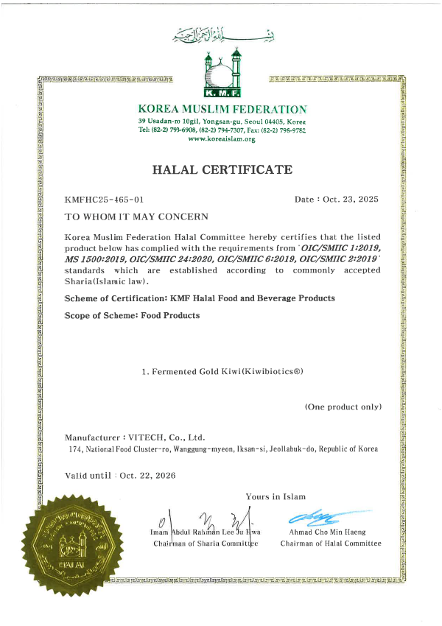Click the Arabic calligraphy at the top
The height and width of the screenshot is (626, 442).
tap(221, 34)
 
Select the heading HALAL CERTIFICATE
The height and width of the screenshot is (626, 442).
tap(222, 169)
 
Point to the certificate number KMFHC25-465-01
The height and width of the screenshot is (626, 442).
tap(104, 200)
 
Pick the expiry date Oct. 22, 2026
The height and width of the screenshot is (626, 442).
tap(147, 476)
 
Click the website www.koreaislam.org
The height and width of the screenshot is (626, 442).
tap(222, 138)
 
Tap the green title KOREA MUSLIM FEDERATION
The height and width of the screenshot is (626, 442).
tap(222, 109)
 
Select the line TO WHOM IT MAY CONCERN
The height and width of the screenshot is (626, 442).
tap(137, 217)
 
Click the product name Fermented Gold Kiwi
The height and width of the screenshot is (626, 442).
tap(222, 371)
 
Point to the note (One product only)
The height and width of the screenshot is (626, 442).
tap(343, 407)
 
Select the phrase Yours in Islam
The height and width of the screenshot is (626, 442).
tap(276, 496)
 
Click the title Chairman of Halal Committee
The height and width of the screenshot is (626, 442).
tap(331, 544)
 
